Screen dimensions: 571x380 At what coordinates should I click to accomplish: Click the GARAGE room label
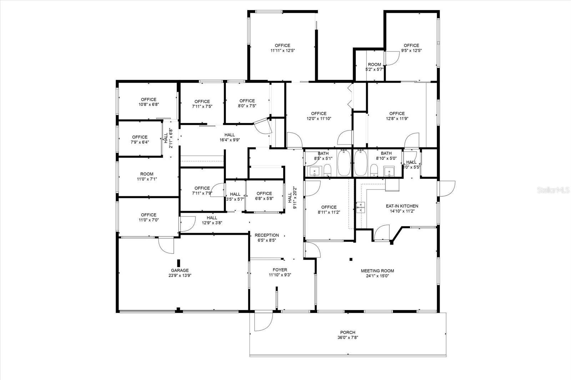(180, 270)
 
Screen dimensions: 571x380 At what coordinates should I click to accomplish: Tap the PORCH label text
(348, 332)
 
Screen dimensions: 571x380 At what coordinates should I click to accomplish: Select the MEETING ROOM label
(377, 271)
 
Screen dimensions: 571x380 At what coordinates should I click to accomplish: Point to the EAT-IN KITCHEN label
(402, 206)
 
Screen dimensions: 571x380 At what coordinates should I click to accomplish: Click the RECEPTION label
(267, 235)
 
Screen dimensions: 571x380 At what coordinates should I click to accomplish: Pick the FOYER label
(280, 270)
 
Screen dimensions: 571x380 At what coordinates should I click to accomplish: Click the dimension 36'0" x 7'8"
(348, 337)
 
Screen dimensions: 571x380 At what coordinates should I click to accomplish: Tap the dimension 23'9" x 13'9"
(180, 275)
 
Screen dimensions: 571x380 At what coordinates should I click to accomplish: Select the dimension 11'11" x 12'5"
(282, 50)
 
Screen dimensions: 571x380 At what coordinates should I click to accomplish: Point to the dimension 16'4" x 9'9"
(230, 140)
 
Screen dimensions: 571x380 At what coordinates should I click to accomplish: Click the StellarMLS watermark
(553, 190)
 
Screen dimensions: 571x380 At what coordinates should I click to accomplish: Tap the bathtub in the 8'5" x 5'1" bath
(344, 163)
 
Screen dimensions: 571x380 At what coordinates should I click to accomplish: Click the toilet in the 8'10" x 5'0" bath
(374, 170)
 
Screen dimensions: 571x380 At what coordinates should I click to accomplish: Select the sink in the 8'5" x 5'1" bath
(316, 171)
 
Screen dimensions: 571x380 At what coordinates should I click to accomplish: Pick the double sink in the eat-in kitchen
(361, 207)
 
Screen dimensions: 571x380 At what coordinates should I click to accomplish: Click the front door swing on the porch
(264, 322)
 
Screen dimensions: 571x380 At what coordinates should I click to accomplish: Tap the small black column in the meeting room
(351, 260)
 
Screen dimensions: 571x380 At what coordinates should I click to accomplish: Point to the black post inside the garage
(179, 263)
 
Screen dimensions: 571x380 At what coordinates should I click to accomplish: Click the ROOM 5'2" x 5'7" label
(374, 67)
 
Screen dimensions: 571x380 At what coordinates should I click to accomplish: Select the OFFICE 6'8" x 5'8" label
(264, 196)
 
